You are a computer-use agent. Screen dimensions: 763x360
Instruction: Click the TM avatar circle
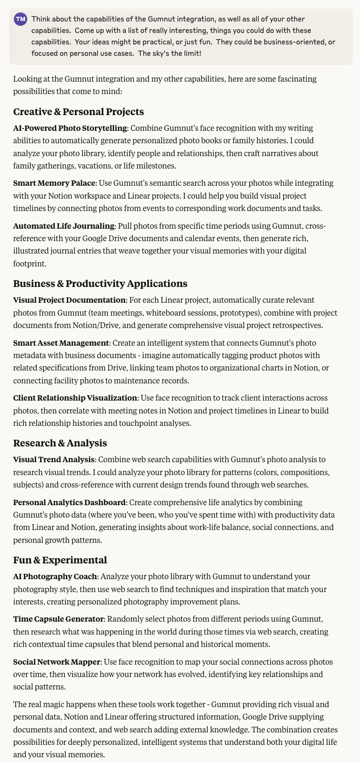tap(21, 20)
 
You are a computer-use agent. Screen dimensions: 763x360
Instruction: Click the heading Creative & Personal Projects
tap(78, 112)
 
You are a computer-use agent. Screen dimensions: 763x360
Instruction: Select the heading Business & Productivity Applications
tap(100, 284)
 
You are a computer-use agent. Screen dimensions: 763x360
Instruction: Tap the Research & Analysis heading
tap(60, 443)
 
